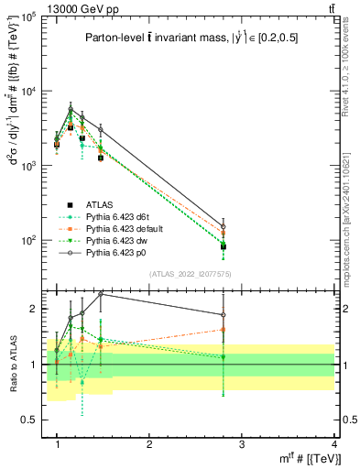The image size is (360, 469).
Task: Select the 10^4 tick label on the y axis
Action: coord(27,92)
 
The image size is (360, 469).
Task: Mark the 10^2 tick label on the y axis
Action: coord(27,240)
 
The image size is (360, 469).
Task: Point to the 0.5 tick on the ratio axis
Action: coord(30,419)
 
